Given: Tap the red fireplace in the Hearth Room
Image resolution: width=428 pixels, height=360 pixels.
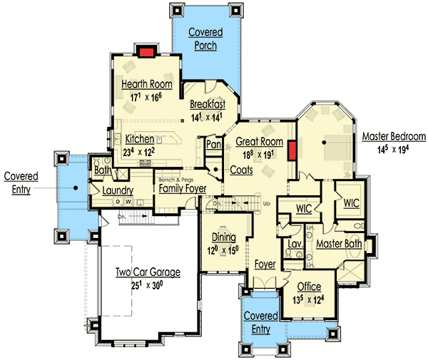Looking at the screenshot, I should tap(146, 52).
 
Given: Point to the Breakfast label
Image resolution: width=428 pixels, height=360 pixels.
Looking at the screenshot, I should tap(208, 105).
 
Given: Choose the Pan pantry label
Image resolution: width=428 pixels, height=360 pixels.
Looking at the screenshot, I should tap(213, 145).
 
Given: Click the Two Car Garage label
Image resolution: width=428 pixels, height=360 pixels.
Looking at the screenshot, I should tap(148, 272).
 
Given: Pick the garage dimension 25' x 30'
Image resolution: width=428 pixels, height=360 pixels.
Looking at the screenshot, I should tap(148, 284).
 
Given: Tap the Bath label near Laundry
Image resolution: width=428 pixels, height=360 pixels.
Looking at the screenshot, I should tap(101, 170).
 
